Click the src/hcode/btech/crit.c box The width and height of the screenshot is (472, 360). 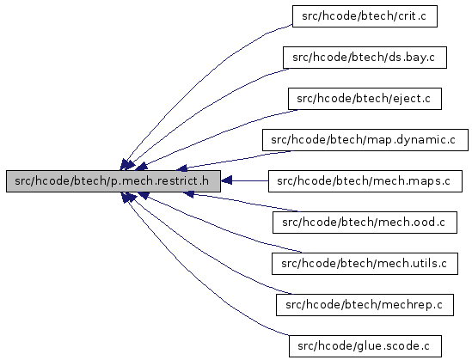(365, 16)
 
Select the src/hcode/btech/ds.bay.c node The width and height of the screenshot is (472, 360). (365, 58)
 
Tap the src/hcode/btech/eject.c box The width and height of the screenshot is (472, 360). (365, 99)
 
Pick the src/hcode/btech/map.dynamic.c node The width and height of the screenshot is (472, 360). (365, 140)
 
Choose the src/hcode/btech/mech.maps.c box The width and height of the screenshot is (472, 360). (365, 181)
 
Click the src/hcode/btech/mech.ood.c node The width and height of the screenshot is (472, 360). (365, 223)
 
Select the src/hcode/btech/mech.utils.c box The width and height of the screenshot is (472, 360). (365, 264)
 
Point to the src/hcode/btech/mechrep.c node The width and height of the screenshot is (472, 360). (365, 305)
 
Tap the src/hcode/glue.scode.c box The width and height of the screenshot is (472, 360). (365, 346)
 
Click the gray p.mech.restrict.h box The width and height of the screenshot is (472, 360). (113, 181)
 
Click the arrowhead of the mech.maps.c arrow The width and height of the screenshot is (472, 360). (226, 180)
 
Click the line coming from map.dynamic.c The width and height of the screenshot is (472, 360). (235, 161)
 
